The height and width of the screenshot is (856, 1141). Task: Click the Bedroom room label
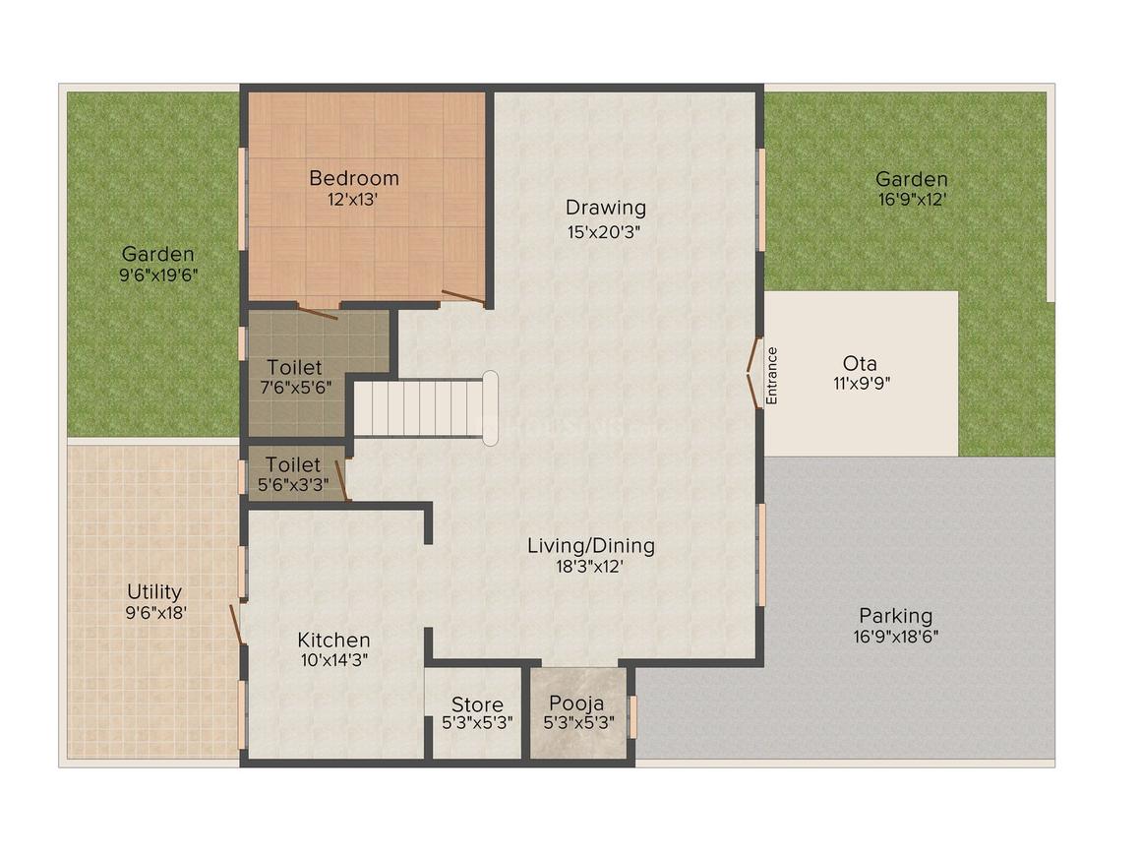[x=354, y=178]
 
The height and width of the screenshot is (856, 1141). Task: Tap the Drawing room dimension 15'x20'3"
[x=606, y=231]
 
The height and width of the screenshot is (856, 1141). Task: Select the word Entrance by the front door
[x=772, y=376]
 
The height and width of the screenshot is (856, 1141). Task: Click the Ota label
[x=860, y=362]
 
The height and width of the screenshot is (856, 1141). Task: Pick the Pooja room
[x=576, y=712]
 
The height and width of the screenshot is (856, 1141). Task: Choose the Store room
[x=477, y=712]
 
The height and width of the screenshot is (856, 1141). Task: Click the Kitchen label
[x=334, y=640]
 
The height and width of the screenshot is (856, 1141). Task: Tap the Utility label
[x=154, y=591]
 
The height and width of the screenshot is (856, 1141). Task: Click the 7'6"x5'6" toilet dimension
[x=294, y=388]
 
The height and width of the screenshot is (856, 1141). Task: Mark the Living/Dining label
[x=590, y=545]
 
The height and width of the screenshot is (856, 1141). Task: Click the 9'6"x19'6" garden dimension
[x=157, y=275]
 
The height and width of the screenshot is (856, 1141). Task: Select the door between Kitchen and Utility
[x=236, y=625]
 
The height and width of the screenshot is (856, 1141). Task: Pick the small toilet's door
[x=342, y=480]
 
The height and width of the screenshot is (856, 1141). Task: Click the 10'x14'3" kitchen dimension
[x=334, y=661]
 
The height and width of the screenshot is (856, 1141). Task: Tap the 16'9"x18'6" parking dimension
[x=895, y=637]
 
